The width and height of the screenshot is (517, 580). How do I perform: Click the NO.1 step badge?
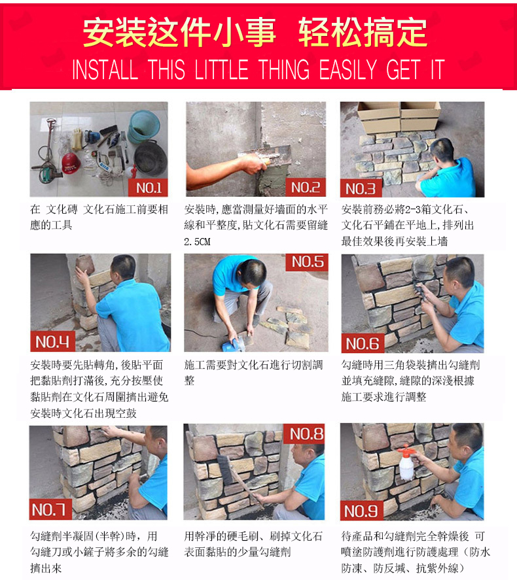click(148, 188)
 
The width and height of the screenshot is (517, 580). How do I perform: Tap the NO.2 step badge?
click(306, 188)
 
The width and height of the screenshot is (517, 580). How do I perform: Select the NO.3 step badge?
click(361, 189)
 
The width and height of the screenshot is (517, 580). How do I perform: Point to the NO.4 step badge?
click(52, 342)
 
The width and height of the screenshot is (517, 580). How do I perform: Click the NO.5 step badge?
click(307, 262)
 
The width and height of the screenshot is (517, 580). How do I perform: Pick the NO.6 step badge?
click(363, 344)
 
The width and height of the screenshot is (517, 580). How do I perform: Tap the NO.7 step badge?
click(50, 510)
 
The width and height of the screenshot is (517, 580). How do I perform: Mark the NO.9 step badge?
click(361, 511)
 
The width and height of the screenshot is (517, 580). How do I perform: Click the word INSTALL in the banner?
click(105, 69)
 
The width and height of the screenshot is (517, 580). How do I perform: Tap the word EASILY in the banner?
click(348, 69)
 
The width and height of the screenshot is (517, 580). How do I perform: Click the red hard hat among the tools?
click(71, 163)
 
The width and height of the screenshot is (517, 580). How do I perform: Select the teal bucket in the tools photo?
click(143, 127)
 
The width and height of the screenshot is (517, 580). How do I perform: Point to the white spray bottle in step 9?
click(406, 463)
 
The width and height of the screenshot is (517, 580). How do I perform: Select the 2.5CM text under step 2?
click(197, 242)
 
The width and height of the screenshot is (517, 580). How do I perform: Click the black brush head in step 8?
click(226, 469)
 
